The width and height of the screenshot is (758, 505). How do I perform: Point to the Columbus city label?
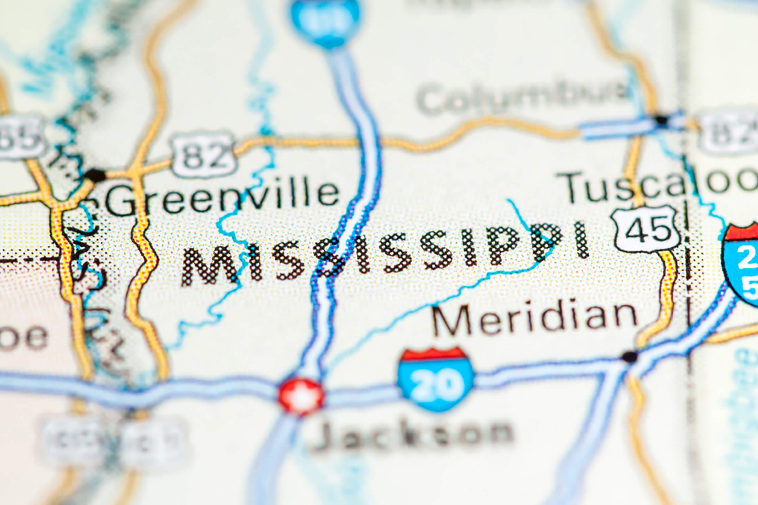[522, 97]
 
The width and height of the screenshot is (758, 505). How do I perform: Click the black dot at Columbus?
[661, 120]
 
